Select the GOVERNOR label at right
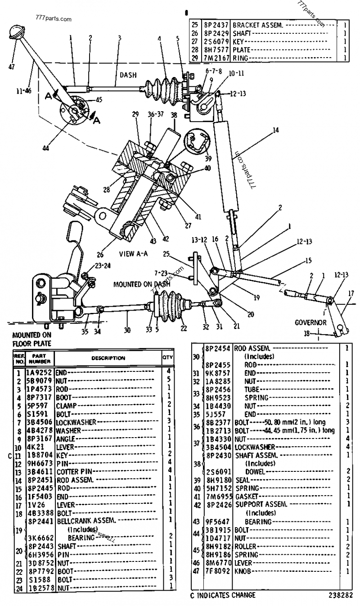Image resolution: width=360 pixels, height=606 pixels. [x=310, y=322]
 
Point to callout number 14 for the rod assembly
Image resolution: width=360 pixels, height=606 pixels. [x=275, y=131]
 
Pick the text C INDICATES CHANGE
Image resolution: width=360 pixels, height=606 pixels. [x=222, y=595]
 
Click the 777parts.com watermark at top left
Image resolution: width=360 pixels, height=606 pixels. [x=52, y=20]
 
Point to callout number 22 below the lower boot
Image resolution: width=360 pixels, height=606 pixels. [x=183, y=328]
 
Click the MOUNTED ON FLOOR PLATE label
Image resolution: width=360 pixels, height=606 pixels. [x=31, y=339]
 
